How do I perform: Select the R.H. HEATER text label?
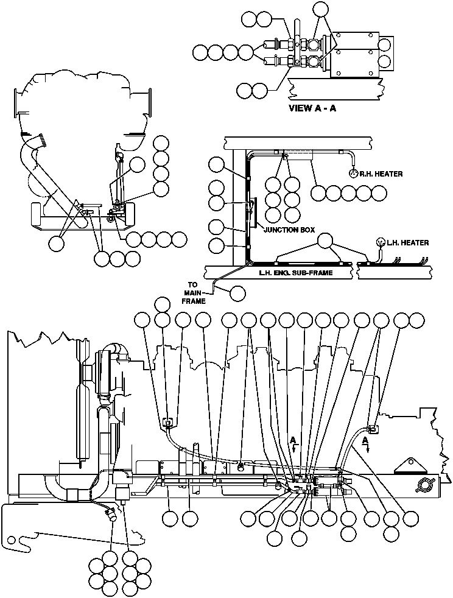(x=381, y=174)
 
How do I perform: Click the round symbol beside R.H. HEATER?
(x=353, y=173)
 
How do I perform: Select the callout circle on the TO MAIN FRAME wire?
(x=238, y=293)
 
